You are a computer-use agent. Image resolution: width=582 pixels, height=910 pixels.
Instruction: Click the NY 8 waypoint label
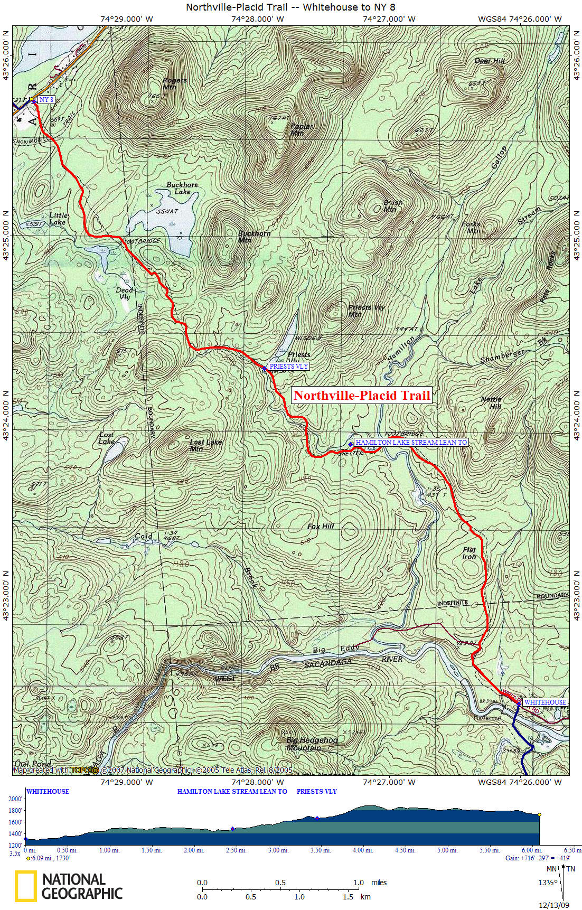pyautogui.click(x=46, y=99)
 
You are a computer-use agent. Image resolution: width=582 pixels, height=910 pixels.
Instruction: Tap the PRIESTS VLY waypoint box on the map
pyautogui.click(x=288, y=366)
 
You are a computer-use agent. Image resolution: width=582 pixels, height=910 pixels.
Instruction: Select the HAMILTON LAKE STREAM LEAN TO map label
pyautogui.click(x=411, y=442)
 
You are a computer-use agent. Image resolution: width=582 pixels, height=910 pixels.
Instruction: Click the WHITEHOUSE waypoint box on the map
pyautogui.click(x=545, y=702)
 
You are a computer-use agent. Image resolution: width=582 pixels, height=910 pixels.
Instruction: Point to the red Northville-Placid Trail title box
pyautogui.click(x=362, y=395)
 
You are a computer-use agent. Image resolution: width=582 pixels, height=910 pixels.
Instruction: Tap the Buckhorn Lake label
pyautogui.click(x=182, y=188)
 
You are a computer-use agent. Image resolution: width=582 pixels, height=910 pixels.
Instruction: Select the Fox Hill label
pyautogui.click(x=321, y=527)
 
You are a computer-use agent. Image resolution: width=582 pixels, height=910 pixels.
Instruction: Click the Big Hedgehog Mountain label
pyautogui.click(x=312, y=744)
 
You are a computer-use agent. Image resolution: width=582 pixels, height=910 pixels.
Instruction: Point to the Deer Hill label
pyautogui.click(x=489, y=61)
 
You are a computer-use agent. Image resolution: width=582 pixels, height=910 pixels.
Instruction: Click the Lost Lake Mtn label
pyautogui.click(x=206, y=445)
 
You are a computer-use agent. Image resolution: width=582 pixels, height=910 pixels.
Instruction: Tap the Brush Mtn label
pyautogui.click(x=393, y=205)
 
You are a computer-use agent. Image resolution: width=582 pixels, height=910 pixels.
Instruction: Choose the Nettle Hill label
pyautogui.click(x=491, y=402)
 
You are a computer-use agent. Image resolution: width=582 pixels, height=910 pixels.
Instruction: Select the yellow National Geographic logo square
pyautogui.click(x=25, y=886)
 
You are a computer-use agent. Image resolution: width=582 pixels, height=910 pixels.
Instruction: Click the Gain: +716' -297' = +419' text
pyautogui.click(x=538, y=858)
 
